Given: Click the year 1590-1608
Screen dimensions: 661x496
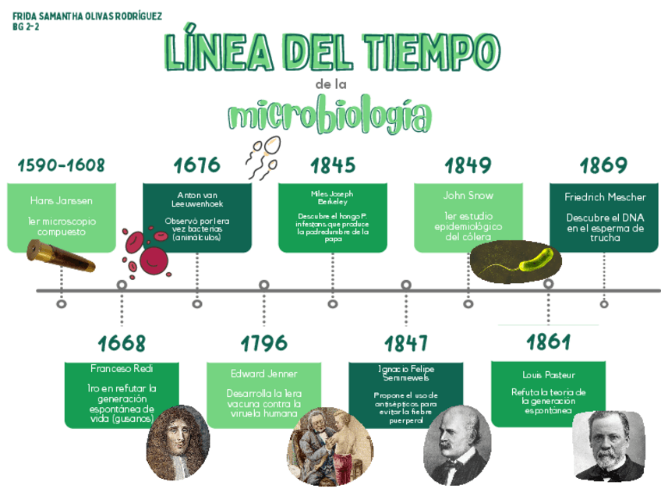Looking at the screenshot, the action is tap(61, 165).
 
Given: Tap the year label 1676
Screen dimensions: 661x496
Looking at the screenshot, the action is tap(196, 165).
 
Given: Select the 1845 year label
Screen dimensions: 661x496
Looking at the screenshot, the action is tap(333, 165).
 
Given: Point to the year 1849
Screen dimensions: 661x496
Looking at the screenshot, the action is tap(468, 165).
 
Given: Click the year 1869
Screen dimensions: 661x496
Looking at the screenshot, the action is tap(603, 165).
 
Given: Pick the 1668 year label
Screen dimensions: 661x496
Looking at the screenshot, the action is tap(122, 343).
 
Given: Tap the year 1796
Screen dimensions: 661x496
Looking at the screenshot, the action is tap(263, 343).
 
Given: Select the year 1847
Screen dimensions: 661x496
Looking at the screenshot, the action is tap(406, 343).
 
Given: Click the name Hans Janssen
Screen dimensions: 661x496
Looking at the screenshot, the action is tap(61, 200).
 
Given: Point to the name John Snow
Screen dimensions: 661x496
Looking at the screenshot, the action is tap(468, 196).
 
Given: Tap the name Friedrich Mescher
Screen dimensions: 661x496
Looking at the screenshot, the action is tap(605, 197).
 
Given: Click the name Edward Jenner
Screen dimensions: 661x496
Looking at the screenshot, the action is tap(263, 374).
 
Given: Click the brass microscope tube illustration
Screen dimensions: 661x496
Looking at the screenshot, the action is tap(60, 256).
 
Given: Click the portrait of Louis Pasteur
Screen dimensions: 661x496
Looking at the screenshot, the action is tap(609, 445).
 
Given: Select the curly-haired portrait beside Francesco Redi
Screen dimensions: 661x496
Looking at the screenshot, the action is tap(178, 442).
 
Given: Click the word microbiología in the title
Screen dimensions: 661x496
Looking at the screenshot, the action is tap(329, 116).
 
